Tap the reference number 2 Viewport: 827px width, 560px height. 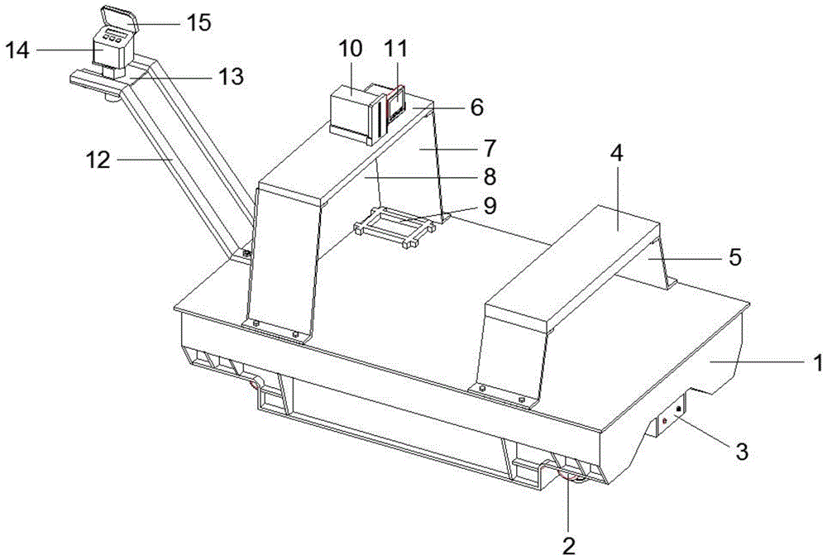[568, 545]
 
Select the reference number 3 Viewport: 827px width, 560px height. [741, 451]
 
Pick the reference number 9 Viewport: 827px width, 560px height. [490, 206]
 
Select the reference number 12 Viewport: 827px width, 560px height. [98, 158]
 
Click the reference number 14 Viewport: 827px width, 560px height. [17, 50]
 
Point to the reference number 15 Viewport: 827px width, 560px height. [198, 22]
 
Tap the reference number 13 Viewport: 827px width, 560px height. [230, 77]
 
